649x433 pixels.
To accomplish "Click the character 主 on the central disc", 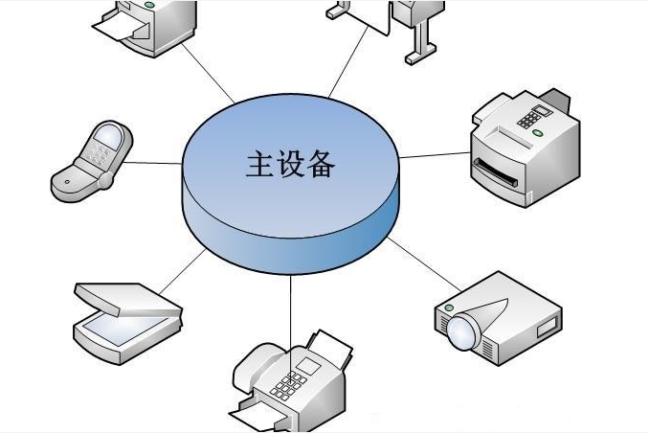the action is tap(260, 164).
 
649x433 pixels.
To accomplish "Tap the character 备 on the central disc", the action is tap(320, 164).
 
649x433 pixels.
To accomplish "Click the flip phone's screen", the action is tap(108, 135).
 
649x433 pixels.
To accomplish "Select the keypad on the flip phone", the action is tap(96, 155).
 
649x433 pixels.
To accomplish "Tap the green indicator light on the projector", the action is tap(449, 308).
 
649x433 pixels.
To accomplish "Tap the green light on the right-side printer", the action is tap(537, 132).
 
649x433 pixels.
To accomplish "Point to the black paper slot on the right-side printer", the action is tap(496, 172).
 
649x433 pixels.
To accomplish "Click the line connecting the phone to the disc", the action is tap(152, 163).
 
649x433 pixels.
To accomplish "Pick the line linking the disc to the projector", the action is tap(425, 264).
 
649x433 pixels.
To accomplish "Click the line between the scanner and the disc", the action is tap(182, 271).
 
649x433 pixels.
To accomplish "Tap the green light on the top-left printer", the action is tap(149, 5).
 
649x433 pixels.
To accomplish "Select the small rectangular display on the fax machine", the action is tap(309, 366).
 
